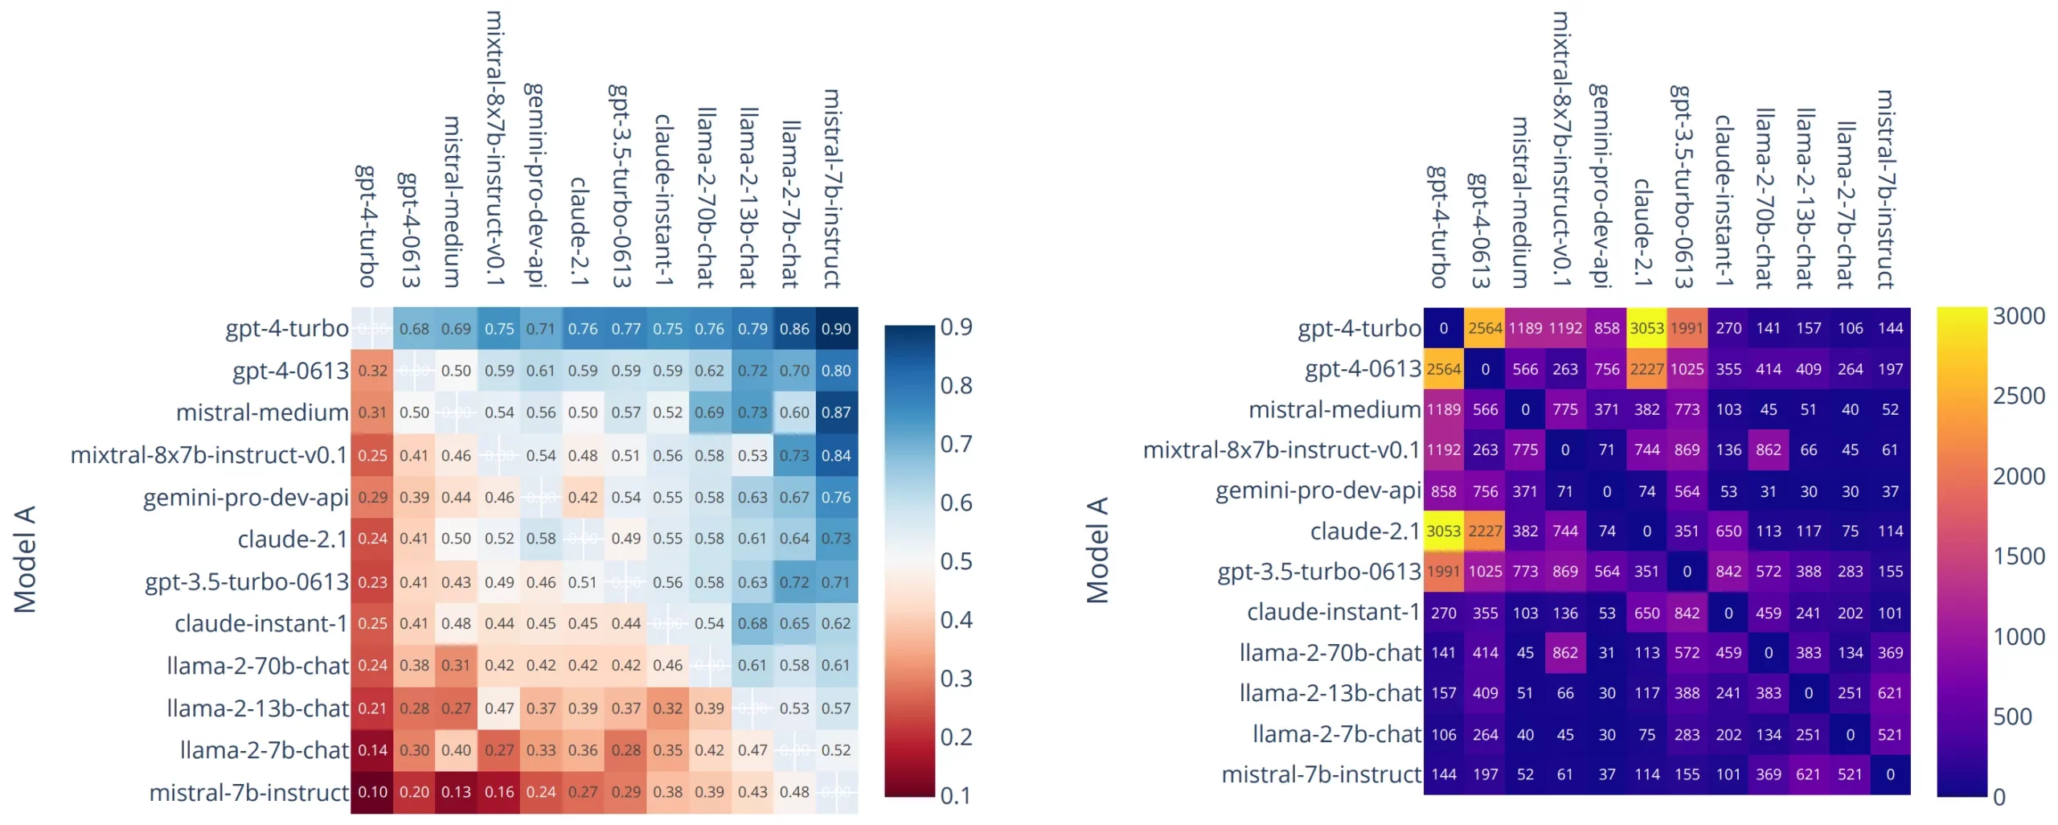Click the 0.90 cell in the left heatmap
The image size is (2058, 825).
836,329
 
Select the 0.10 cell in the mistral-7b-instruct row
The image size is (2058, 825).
372,792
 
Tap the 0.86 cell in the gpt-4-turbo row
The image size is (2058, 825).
794,329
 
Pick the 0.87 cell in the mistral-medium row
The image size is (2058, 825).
836,412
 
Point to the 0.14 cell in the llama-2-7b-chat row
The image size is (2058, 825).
372,750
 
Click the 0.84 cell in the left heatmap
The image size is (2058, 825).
836,455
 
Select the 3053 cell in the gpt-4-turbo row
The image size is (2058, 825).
1646,328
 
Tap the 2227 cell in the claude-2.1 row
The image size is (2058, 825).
1485,531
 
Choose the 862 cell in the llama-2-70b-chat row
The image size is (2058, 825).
1564,653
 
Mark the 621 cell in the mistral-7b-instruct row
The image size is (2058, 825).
1808,774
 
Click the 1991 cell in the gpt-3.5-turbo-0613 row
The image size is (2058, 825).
1444,572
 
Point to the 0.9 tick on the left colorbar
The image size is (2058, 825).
957,327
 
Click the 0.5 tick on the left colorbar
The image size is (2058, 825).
957,561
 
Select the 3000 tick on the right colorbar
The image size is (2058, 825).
2018,316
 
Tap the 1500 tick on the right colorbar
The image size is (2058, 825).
2018,556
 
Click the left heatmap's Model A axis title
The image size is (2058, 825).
25,559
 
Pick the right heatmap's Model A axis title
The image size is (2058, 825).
1097,551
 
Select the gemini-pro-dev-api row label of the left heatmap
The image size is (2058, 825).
245,498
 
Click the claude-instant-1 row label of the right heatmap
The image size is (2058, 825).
1333,612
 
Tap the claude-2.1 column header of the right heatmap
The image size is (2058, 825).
1642,233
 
